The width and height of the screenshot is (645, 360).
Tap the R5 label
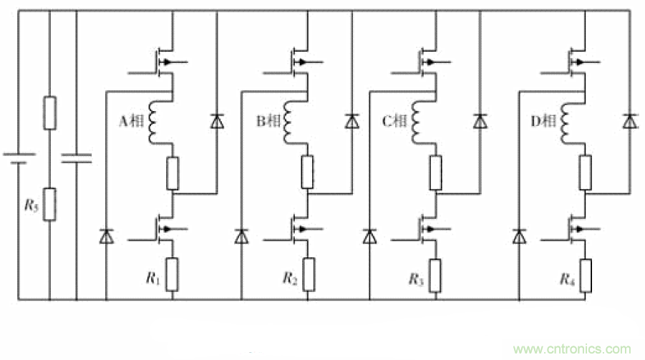coord(31,205)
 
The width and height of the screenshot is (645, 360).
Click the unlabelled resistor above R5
coord(49,113)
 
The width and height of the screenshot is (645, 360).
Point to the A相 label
coord(130,122)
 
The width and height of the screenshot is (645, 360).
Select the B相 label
coord(268,122)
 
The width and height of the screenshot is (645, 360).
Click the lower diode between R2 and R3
coord(369,235)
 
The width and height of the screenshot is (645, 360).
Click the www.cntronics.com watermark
coord(573,349)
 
